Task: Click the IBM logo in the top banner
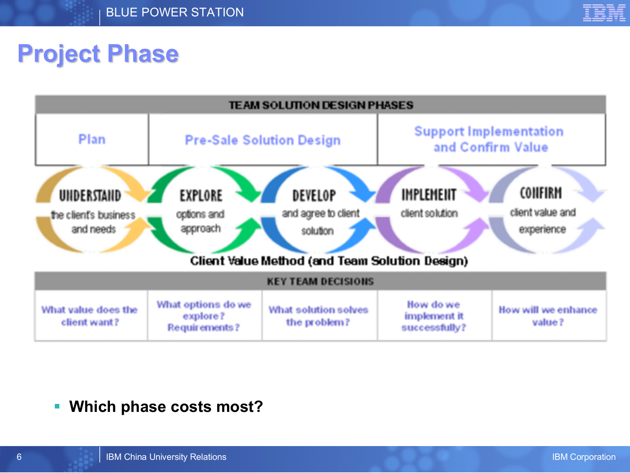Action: (x=604, y=13)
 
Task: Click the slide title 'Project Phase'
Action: (x=98, y=54)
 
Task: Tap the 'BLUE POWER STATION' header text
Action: (x=175, y=12)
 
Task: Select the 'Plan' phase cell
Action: (x=92, y=140)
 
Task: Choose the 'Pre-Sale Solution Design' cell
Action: (x=263, y=140)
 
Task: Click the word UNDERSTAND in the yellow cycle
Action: (x=90, y=196)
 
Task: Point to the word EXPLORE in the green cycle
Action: (x=201, y=196)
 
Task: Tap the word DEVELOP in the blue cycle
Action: (x=314, y=196)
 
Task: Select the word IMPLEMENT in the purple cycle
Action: (x=429, y=195)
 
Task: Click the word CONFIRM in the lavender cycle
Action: (x=541, y=193)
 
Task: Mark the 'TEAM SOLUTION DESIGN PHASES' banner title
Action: (x=321, y=105)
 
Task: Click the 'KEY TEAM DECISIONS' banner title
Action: (x=320, y=282)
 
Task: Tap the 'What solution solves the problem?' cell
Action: (x=318, y=316)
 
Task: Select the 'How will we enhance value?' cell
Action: (x=548, y=316)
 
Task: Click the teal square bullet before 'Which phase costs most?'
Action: (x=57, y=406)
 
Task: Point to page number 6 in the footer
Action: (x=19, y=457)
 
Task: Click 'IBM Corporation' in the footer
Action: (x=583, y=457)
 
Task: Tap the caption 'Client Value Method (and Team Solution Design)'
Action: (x=329, y=261)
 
